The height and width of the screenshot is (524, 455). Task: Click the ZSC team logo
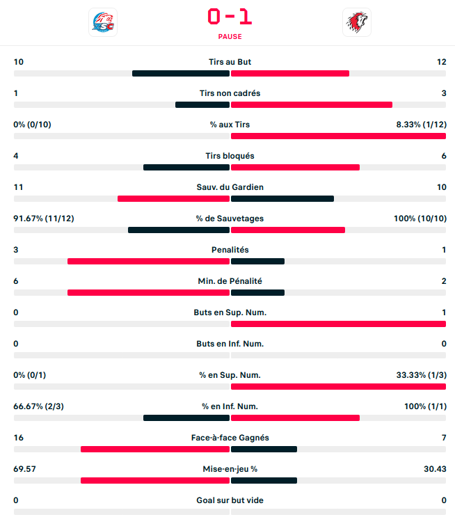(x=103, y=22)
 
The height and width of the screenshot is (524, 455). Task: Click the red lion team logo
(x=357, y=22)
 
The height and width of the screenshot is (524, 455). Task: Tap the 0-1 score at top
(x=230, y=16)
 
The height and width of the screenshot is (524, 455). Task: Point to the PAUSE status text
(x=230, y=37)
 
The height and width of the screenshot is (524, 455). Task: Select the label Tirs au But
(x=230, y=62)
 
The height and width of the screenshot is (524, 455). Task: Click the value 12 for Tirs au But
(x=441, y=62)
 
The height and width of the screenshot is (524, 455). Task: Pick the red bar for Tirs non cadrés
(x=311, y=104)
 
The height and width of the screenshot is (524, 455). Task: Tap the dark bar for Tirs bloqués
(x=186, y=167)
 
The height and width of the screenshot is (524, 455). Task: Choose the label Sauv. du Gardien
(x=230, y=187)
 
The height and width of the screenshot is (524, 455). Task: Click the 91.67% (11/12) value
(x=44, y=219)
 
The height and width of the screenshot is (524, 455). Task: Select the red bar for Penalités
(x=148, y=261)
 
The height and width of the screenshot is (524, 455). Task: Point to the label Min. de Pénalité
(x=230, y=281)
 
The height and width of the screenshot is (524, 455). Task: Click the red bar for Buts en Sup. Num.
(x=338, y=324)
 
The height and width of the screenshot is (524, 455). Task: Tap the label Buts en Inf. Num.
(x=230, y=344)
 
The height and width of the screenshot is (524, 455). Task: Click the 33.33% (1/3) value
(x=422, y=375)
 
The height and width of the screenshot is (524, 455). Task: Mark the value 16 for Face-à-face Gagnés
(x=19, y=438)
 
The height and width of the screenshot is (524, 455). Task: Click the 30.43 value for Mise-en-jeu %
(x=434, y=469)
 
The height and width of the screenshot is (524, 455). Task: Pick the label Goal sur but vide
(x=230, y=500)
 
